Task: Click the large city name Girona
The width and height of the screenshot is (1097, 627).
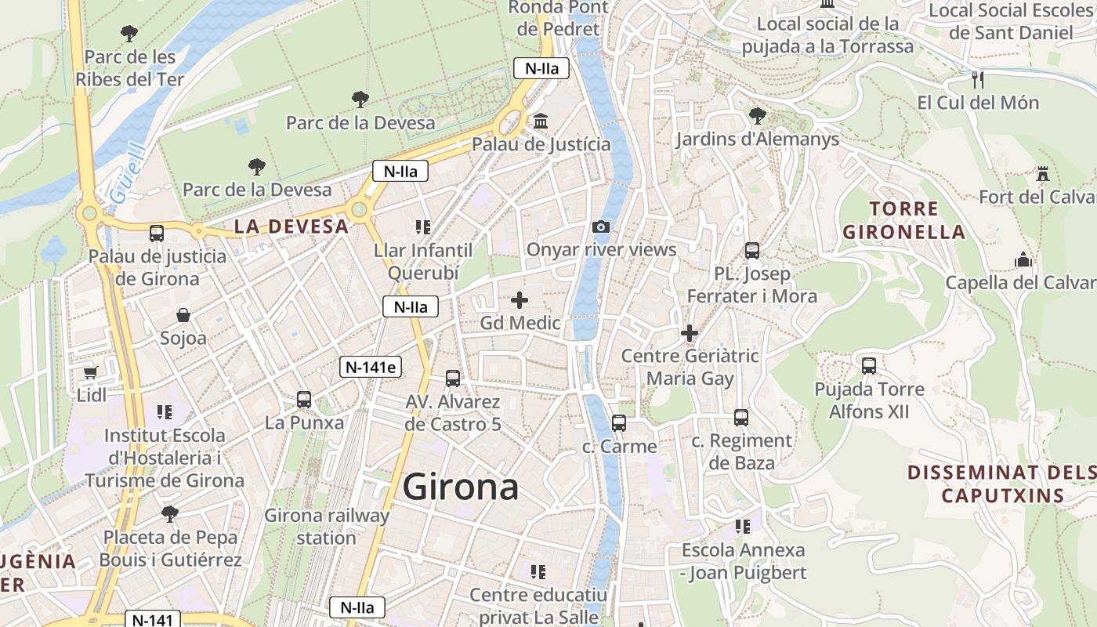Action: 460,487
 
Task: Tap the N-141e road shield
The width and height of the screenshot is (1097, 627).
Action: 371,366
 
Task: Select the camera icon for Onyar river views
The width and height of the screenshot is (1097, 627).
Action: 601,227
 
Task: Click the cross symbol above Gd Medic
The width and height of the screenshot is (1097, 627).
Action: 520,300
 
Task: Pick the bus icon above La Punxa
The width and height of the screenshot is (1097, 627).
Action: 304,400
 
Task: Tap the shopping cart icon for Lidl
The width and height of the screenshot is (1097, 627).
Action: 91,371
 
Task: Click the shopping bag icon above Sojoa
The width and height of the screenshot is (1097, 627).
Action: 183,315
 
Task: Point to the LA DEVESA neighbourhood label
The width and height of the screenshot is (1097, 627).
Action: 291,227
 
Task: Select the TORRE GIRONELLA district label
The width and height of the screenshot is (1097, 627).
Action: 903,220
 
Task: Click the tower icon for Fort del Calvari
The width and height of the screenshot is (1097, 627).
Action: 1043,173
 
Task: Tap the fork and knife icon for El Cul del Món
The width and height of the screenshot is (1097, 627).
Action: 977,79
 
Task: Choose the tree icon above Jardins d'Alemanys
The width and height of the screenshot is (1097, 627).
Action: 757,116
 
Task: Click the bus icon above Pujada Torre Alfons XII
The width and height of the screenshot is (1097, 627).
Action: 868,365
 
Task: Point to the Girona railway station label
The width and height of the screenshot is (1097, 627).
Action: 326,527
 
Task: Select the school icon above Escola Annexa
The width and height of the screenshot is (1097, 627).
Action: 742,527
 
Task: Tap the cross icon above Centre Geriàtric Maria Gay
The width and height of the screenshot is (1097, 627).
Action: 690,333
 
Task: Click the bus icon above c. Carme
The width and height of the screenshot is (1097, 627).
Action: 619,423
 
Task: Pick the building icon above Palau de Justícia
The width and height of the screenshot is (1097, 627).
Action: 541,121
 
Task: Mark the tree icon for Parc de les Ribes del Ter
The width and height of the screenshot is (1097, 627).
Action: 129,34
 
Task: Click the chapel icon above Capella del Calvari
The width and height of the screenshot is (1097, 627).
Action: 1023,259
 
